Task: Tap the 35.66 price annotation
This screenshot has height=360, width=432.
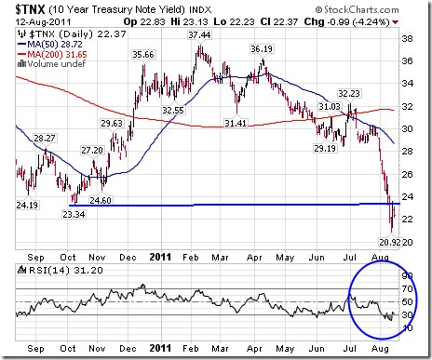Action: pyautogui.click(x=142, y=55)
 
